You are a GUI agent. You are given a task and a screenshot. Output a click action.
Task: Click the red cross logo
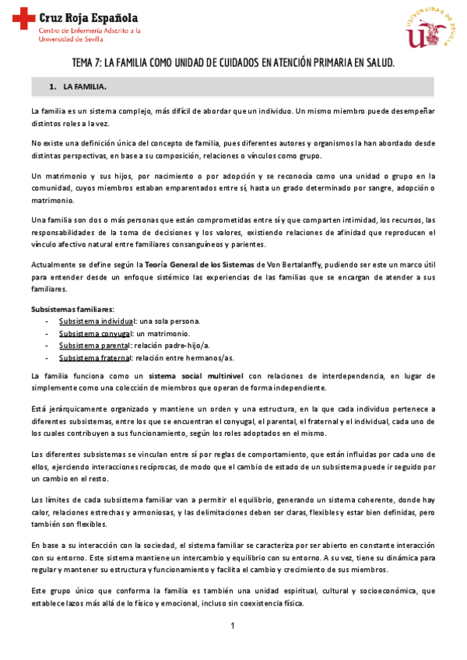pos(24,15)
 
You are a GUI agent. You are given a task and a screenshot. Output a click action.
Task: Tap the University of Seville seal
pos(427,29)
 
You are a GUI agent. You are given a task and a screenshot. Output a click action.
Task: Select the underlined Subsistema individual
pos(97,321)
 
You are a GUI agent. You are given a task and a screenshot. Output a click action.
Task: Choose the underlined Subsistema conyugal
pos(96,333)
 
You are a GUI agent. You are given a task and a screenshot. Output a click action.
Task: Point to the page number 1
pos(233,627)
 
